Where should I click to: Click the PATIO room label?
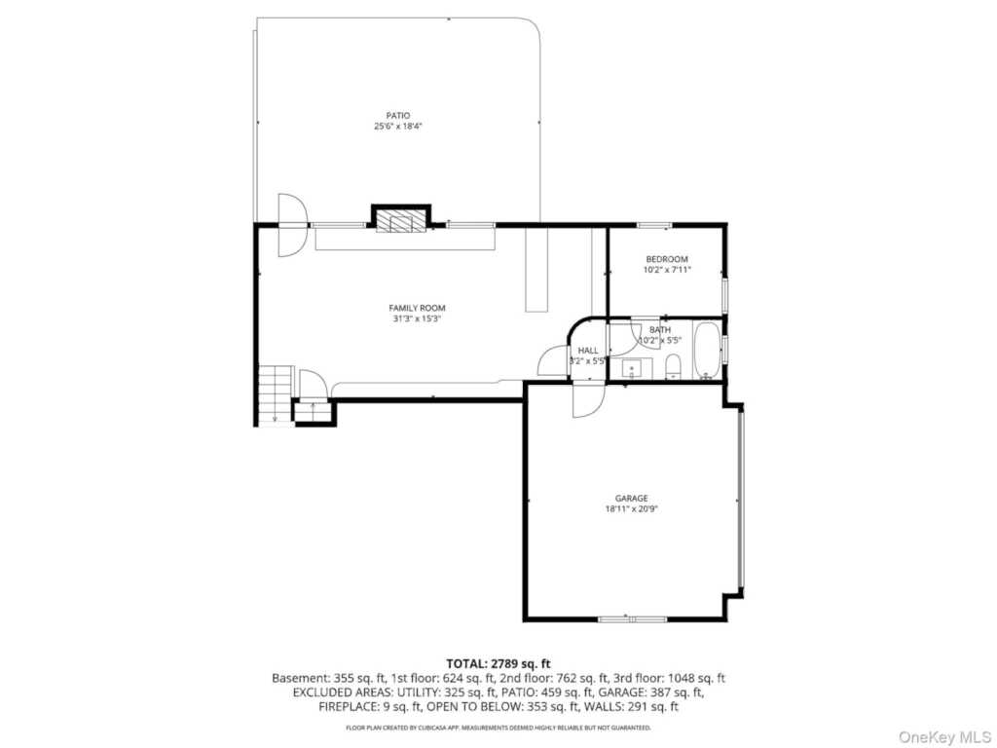point(397,115)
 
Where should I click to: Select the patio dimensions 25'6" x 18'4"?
point(397,126)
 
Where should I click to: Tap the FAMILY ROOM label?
point(417,308)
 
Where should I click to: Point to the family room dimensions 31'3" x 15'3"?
point(417,318)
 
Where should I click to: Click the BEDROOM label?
point(666,259)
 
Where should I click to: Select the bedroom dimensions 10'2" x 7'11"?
point(666,270)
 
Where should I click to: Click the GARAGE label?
point(631,498)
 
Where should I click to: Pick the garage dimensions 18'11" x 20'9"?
point(631,508)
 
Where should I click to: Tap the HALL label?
point(588,351)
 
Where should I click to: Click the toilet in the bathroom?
point(672,367)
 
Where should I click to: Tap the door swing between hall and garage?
point(587,399)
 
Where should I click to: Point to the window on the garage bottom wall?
point(632,618)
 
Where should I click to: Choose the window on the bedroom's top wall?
point(654,225)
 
